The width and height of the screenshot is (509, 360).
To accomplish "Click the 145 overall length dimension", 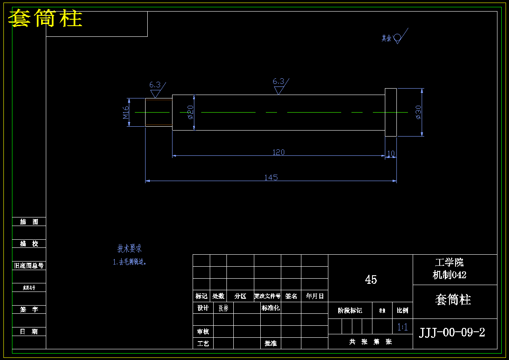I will (271, 177).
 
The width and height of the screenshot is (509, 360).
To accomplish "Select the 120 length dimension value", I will (278, 152).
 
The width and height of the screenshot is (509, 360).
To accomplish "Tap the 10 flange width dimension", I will (391, 154).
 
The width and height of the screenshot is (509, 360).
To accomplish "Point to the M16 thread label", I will (126, 113).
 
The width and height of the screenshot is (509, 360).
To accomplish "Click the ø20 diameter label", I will (191, 112).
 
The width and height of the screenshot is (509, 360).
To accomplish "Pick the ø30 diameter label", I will (418, 112).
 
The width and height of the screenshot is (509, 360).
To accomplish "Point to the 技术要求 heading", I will (129, 248).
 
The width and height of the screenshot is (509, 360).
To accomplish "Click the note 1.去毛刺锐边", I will (130, 262).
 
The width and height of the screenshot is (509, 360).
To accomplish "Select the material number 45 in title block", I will (371, 280).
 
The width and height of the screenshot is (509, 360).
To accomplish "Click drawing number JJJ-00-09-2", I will (452, 333).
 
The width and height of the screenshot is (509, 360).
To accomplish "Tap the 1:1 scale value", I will (402, 327).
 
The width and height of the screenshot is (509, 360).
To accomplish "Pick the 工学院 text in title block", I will (449, 262).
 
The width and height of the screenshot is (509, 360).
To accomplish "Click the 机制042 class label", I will (449, 275).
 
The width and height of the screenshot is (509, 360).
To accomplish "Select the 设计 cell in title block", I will (203, 308).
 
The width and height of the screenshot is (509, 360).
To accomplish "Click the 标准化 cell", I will (271, 308).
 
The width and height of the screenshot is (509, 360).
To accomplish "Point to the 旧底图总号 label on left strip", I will (29, 266).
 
